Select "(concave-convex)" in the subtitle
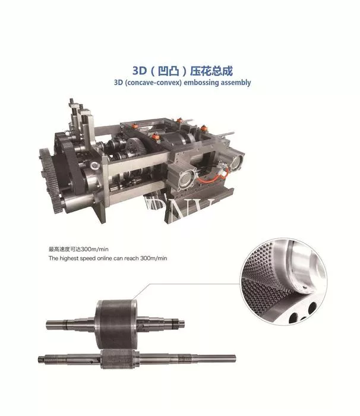153,83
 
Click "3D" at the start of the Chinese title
140,71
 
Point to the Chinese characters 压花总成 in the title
211,71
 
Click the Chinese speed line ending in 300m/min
78,249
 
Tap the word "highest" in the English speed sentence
69,258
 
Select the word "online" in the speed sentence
105,258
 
